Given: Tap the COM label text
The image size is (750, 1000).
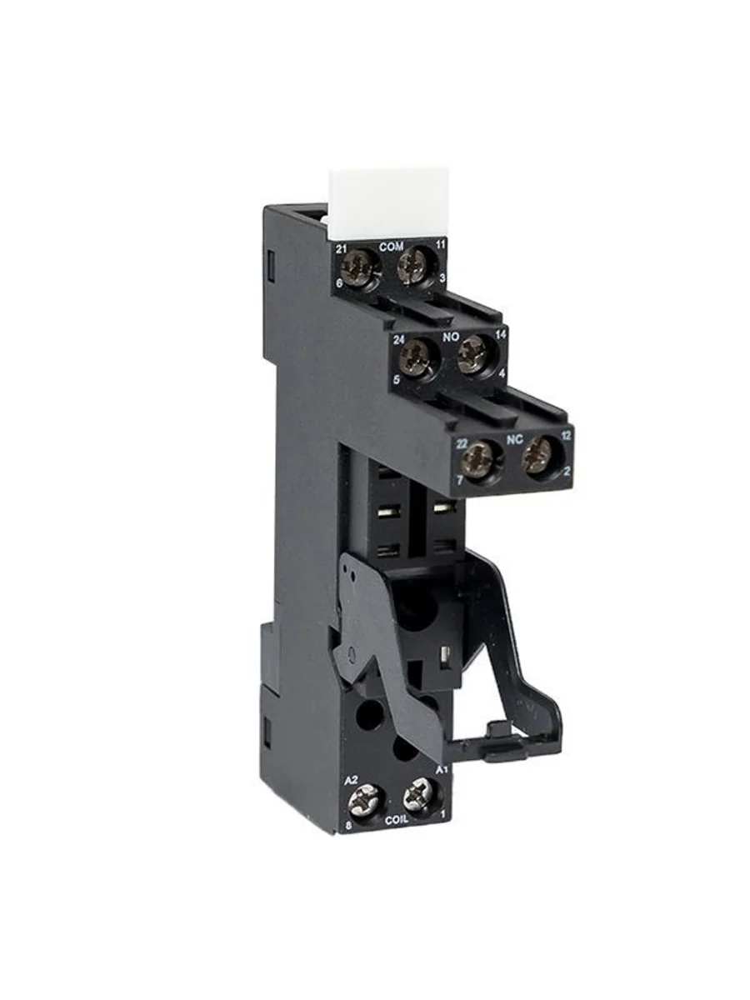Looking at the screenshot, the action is tap(391, 247).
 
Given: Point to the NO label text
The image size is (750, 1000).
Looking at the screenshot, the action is tap(452, 337).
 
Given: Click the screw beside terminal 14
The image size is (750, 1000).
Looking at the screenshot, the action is tap(472, 353).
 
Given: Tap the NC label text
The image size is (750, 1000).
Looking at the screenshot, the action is tap(515, 440).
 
